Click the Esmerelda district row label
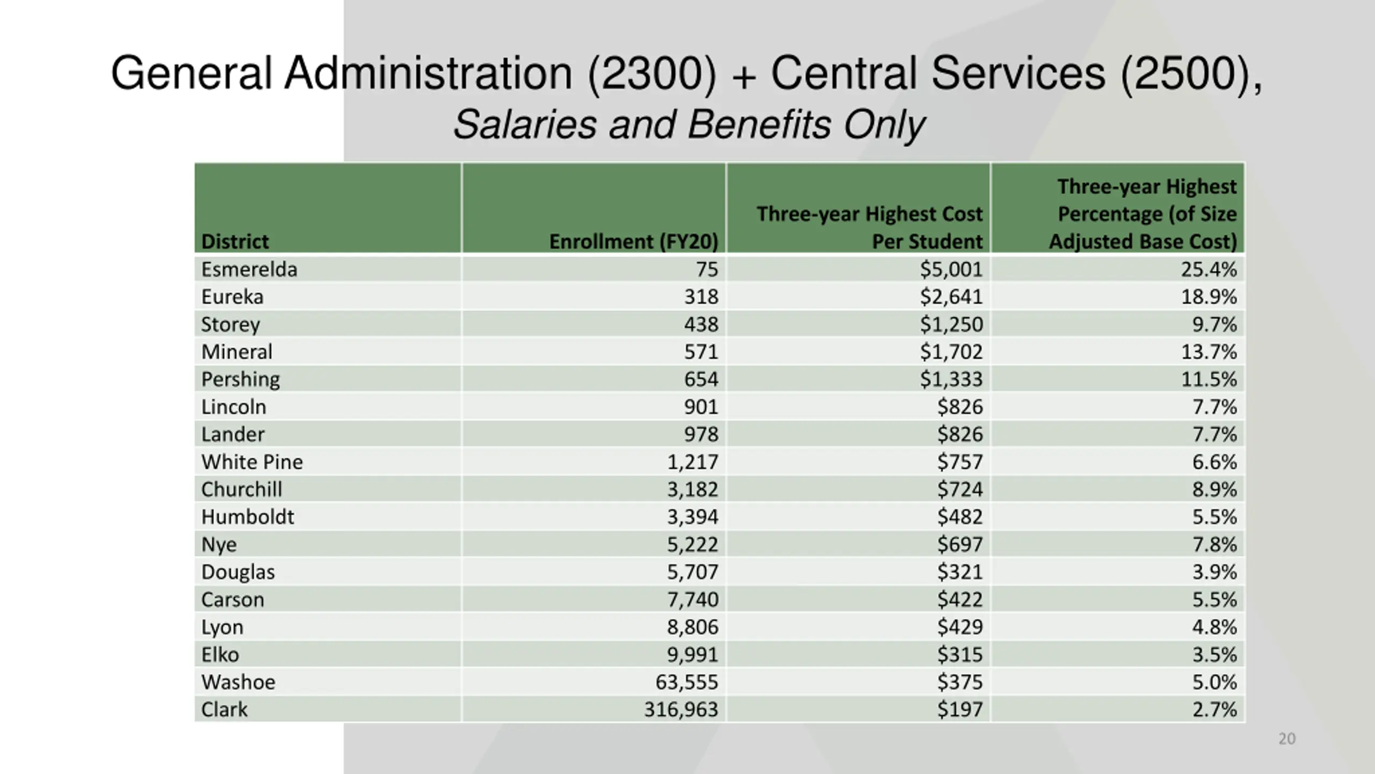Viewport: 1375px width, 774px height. point(249,269)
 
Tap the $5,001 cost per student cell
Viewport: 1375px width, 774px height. point(951,269)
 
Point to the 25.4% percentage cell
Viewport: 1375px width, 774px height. point(1208,269)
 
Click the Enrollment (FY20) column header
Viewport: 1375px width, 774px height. point(633,241)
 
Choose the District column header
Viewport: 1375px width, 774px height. point(235,241)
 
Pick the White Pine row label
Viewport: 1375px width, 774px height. point(252,462)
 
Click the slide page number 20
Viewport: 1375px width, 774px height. point(1287,739)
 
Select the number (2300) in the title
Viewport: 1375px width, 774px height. point(652,74)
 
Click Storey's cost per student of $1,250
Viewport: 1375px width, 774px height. point(951,324)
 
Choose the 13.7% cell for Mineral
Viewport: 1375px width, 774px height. point(1208,352)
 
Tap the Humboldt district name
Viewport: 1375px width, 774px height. point(248,517)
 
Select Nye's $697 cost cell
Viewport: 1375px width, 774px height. point(960,544)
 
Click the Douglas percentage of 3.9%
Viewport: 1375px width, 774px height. point(1214,572)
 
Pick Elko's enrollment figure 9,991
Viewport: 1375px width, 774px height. point(692,655)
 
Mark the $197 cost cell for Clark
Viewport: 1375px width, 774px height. point(960,709)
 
